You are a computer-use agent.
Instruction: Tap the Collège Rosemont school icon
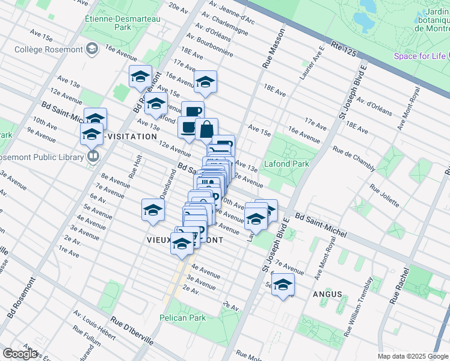point(93,49)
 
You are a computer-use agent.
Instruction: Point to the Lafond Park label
point(287,164)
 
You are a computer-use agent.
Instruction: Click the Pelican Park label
point(182,318)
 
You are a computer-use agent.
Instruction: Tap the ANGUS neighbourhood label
point(327,294)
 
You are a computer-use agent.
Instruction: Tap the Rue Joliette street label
point(383,195)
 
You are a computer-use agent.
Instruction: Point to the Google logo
point(20,354)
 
